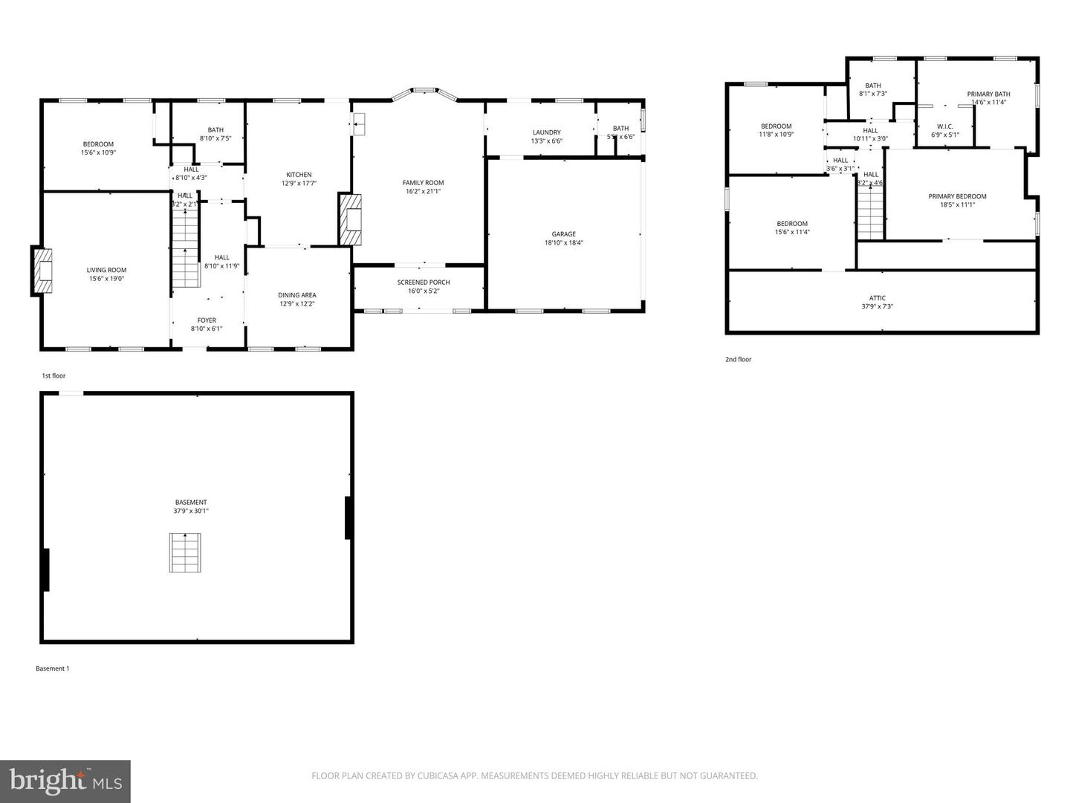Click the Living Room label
106,270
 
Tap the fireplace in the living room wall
43,271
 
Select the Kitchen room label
299,175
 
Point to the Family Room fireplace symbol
351,219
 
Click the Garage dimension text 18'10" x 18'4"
563,242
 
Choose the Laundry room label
546,132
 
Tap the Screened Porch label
424,282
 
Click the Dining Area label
297,295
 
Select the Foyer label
207,320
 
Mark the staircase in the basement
185,552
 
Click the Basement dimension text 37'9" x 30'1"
191,511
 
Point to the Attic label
878,298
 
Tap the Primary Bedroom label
957,196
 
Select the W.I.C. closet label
945,126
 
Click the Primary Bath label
988,94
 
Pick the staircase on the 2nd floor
871,213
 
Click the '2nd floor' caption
738,359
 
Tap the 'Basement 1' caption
53,668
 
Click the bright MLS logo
65,781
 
